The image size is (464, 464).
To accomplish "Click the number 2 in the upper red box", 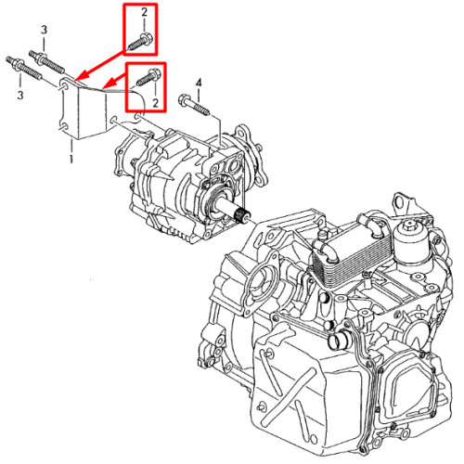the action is point(144,13).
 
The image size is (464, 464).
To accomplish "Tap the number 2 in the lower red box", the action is point(155,102).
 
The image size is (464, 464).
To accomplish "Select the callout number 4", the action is point(199,83).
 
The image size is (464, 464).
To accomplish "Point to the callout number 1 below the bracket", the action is point(71,159).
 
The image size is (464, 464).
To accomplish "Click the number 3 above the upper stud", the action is point(44,30).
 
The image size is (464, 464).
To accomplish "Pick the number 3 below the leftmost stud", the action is point(20,95).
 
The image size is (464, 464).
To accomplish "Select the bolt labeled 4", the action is point(194,105).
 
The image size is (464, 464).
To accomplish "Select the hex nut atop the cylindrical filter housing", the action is point(410,224).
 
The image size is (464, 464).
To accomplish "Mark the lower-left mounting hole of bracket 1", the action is point(63,127).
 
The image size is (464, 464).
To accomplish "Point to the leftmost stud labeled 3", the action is point(23,69).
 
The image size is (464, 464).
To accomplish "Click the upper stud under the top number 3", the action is point(47,61).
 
